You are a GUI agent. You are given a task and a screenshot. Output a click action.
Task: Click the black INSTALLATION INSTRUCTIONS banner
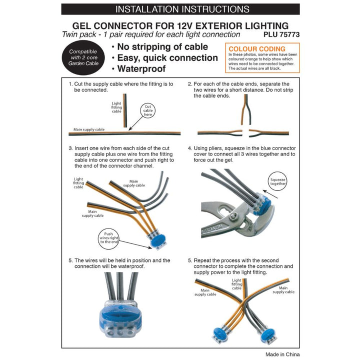tap(179, 9)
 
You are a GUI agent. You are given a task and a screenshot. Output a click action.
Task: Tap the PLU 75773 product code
tap(281, 35)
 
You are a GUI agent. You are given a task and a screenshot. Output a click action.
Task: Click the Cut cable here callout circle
tap(148, 110)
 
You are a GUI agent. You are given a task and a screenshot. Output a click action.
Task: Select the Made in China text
tap(278, 354)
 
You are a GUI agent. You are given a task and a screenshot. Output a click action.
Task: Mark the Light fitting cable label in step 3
tap(78, 182)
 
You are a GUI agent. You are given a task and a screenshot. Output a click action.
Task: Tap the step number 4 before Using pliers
tap(189, 148)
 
